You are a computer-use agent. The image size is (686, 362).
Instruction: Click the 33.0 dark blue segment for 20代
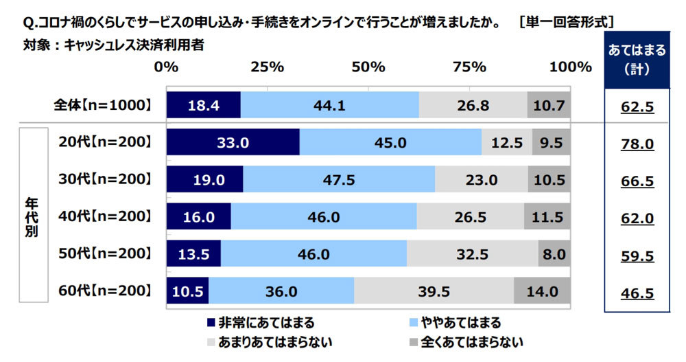pos(233,143)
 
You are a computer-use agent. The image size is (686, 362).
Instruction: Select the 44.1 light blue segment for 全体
pos(329,105)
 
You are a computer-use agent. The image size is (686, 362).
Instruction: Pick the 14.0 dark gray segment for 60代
pos(542,291)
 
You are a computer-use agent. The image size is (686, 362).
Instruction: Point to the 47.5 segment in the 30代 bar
pos(338,180)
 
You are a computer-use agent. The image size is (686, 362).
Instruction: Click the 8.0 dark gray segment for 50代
pos(554,253)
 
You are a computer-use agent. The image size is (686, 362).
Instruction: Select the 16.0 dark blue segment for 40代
pos(198,217)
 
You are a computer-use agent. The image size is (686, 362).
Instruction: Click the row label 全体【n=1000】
pos(102,105)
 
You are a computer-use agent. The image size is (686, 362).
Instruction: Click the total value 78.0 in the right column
pos(637,144)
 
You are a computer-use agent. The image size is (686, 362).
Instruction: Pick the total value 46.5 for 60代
pos(637,293)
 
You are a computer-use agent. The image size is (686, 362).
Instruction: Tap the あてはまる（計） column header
pos(637,60)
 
